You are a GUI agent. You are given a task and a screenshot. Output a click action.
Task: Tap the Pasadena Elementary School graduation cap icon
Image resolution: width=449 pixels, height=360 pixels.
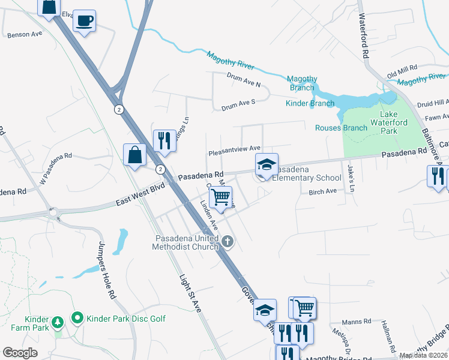click(267, 164)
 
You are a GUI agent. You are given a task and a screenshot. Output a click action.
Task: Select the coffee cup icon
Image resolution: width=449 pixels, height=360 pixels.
click(84, 21)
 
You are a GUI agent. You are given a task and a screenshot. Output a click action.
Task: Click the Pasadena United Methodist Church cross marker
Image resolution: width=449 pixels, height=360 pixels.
click(227, 242)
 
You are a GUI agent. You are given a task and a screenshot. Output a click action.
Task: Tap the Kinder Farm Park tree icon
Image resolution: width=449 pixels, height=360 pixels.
click(58, 322)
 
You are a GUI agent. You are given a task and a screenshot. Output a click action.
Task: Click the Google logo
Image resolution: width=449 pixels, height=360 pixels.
click(20, 353)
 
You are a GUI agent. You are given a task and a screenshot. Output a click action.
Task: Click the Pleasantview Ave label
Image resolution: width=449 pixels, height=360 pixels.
click(234, 148)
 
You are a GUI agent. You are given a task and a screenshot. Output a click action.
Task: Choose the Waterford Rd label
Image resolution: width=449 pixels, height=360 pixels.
click(364, 36)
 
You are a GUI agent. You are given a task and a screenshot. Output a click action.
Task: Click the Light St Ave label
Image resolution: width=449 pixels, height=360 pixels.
click(190, 293)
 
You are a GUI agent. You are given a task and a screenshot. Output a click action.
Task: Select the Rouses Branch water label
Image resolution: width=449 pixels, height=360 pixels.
click(341, 127)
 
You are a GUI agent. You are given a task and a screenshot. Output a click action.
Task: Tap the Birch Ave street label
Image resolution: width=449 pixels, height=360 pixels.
click(322, 191)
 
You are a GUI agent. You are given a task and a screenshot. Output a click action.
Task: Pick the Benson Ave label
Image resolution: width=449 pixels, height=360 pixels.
click(25, 35)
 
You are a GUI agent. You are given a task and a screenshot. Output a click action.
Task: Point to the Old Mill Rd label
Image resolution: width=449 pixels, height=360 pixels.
click(402, 73)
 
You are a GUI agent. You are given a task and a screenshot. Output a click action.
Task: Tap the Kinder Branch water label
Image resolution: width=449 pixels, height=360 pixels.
click(310, 103)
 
